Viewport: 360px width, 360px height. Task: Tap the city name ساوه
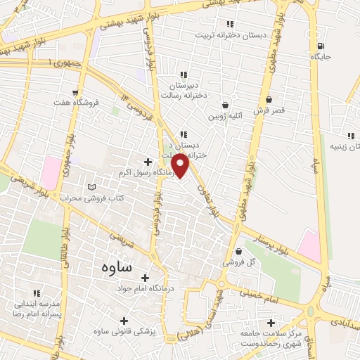coord(111,268)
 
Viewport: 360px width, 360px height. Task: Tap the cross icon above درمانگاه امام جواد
coord(146,278)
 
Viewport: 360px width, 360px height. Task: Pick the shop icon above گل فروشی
coord(238,250)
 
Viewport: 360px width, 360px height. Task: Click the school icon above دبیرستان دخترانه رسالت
coord(183,75)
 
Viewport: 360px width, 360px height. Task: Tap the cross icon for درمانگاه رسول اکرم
coord(148,162)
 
